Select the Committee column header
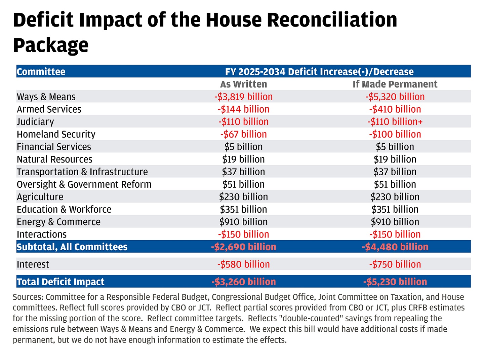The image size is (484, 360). [41, 72]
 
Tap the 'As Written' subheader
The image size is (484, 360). [243, 84]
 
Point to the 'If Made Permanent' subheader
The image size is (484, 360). [395, 84]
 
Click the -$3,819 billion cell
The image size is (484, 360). [243, 97]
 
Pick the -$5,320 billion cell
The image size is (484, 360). [395, 97]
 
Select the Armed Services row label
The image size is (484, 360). [49, 109]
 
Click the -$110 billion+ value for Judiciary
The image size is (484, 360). [395, 122]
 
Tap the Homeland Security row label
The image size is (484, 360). [56, 134]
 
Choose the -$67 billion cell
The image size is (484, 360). [243, 134]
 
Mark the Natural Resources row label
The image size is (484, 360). [54, 159]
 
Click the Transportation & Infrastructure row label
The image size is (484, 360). [82, 172]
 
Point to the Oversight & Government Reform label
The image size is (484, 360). [84, 184]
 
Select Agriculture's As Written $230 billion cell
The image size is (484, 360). [243, 197]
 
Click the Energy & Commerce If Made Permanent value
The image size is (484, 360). [395, 222]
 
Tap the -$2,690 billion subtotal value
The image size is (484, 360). [243, 247]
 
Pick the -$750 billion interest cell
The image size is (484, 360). [395, 264]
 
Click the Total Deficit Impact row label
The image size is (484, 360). [61, 282]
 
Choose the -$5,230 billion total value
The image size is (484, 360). [395, 282]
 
